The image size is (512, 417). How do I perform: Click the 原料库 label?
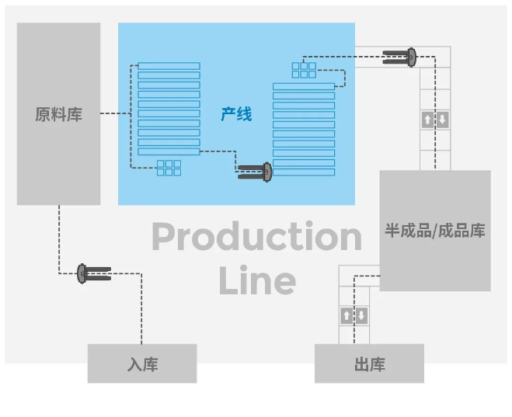pyautogui.click(x=58, y=115)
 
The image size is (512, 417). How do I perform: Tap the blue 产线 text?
pyautogui.click(x=236, y=115)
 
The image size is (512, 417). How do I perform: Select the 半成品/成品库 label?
pyautogui.click(x=434, y=231)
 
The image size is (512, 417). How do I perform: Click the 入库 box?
pyautogui.click(x=141, y=364)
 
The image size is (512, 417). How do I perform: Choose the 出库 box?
pyautogui.click(x=369, y=364)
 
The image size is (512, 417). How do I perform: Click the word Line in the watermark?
pyautogui.click(x=256, y=280)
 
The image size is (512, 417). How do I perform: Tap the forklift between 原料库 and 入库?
pyautogui.click(x=92, y=273)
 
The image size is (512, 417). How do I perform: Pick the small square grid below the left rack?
pyautogui.click(x=169, y=168)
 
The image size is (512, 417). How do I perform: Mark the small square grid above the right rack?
pyautogui.click(x=304, y=70)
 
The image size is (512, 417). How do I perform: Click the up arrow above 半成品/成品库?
pyautogui.click(x=427, y=120)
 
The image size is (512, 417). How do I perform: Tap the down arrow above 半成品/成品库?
pyautogui.click(x=442, y=120)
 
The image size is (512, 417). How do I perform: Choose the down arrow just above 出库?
pyautogui.click(x=361, y=316)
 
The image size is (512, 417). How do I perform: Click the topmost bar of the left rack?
pyautogui.click(x=169, y=66)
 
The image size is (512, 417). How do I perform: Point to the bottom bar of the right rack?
pyautogui.click(x=304, y=172)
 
